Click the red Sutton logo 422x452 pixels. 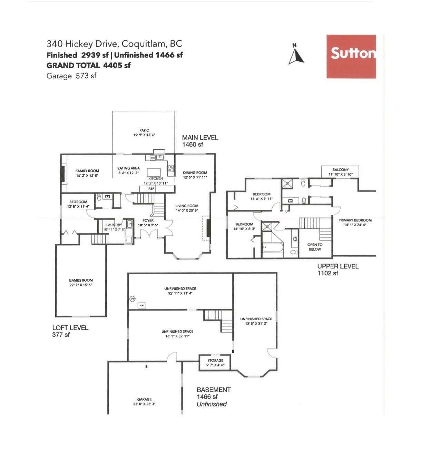pos(351,56)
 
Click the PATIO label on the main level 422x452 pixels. pos(144,130)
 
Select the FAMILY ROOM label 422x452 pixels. pos(87,171)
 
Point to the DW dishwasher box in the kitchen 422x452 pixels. pos(153,158)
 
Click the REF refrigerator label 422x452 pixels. pos(151,189)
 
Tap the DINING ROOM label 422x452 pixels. pos(195,173)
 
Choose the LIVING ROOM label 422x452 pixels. pos(187,206)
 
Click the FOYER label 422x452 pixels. pos(148,220)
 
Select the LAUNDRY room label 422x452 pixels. pos(114,225)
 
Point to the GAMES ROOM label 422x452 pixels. pos(81,281)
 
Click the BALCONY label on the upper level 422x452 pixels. pos(341,170)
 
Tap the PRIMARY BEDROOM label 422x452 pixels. pos(355,220)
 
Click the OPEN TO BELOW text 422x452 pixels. pos(315,247)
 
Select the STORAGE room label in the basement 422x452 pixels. pos(215,361)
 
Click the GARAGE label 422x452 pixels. pos(144,399)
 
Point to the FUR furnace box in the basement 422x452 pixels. pos(141,306)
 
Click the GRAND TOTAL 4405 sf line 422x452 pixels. pos(89,65)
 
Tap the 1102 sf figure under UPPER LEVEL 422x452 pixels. pos(328,273)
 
